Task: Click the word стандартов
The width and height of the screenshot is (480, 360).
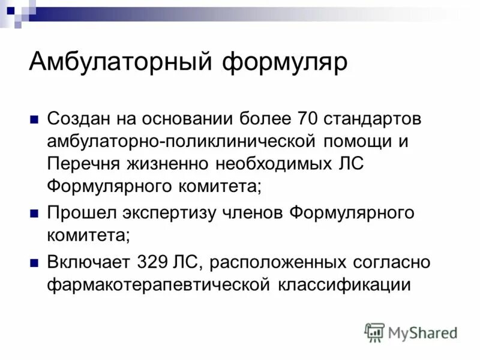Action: (x=373, y=118)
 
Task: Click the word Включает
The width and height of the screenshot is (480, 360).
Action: (x=88, y=263)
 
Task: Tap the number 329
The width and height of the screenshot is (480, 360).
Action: (x=154, y=263)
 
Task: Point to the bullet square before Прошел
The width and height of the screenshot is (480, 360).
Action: (x=34, y=214)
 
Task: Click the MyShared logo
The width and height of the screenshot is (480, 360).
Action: (x=411, y=332)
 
